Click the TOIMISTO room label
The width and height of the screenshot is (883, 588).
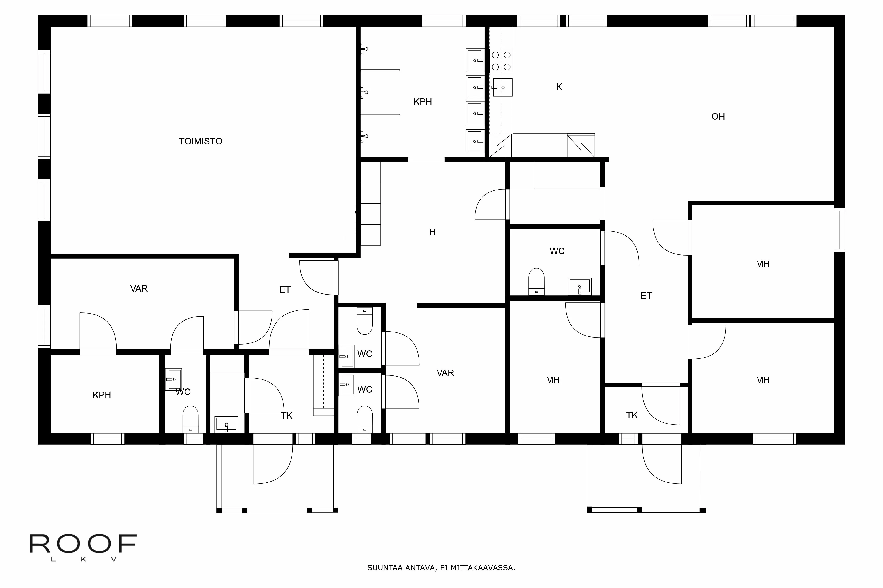click(200, 141)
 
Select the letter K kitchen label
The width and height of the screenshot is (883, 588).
click(559, 87)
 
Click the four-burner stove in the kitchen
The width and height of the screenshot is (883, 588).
click(501, 61)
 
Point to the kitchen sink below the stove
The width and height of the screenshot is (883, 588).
click(502, 87)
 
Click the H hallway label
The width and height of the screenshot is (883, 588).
click(432, 233)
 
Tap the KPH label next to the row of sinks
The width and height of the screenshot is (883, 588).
click(423, 102)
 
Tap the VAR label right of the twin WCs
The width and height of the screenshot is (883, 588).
click(445, 373)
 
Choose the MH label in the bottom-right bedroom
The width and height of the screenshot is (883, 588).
click(762, 380)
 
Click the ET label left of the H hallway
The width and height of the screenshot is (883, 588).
click(285, 289)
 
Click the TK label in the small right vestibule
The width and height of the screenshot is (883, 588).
click(632, 415)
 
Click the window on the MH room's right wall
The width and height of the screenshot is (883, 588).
click(840, 230)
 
